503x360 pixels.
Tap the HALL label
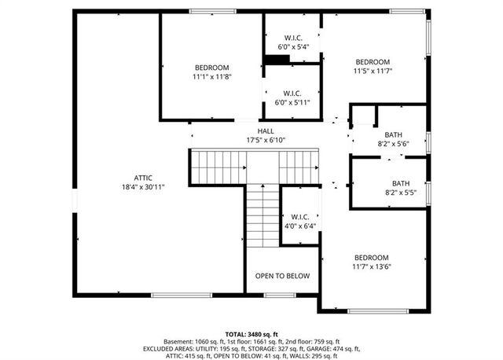click(x=266, y=131)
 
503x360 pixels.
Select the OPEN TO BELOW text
click(x=282, y=276)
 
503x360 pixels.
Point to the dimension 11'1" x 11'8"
click(x=212, y=77)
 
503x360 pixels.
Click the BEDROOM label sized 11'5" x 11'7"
click(x=373, y=62)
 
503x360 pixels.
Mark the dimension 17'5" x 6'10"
click(x=266, y=141)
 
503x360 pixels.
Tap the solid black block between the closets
click(x=276, y=60)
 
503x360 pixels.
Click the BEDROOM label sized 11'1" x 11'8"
click(x=212, y=68)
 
